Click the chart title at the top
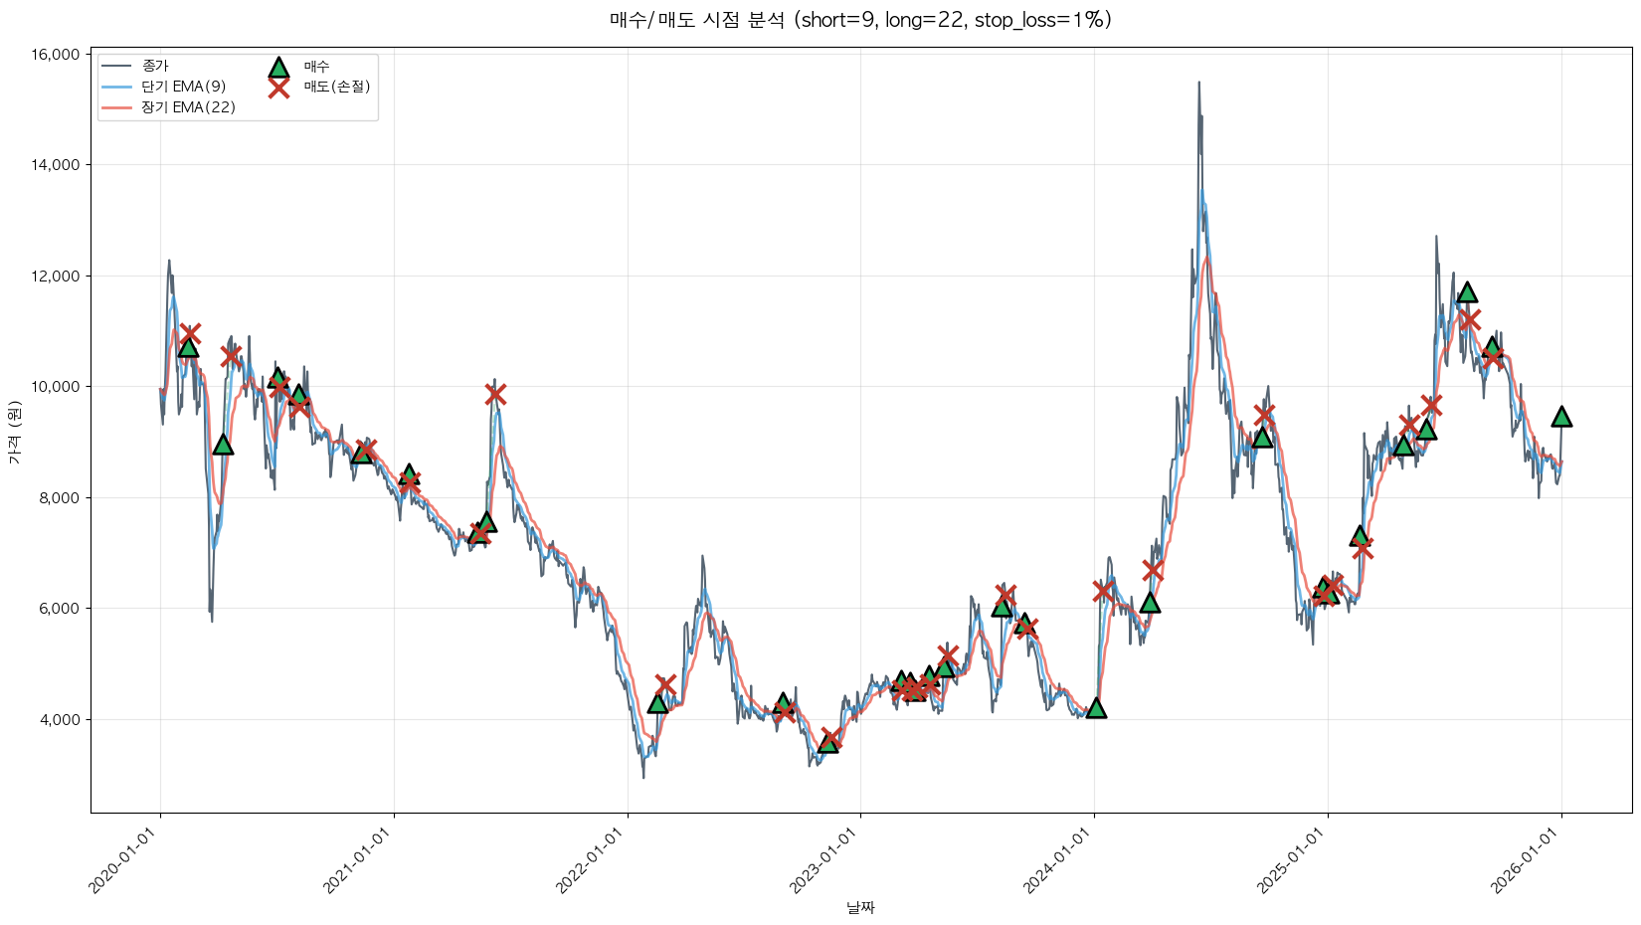pyautogui.click(x=860, y=20)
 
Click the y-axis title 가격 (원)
pyautogui.click(x=15, y=432)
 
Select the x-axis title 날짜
pyautogui.click(x=860, y=907)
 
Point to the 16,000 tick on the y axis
pyautogui.click(x=58, y=55)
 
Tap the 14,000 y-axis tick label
pyautogui.click(x=58, y=165)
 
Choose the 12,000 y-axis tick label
pyautogui.click(x=58, y=277)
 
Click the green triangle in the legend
pyautogui.click(x=278, y=67)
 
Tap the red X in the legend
pyautogui.click(x=278, y=88)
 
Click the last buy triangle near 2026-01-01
pyautogui.click(x=1561, y=417)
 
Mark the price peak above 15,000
pyautogui.click(x=1198, y=84)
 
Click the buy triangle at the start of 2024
pyautogui.click(x=1096, y=708)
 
